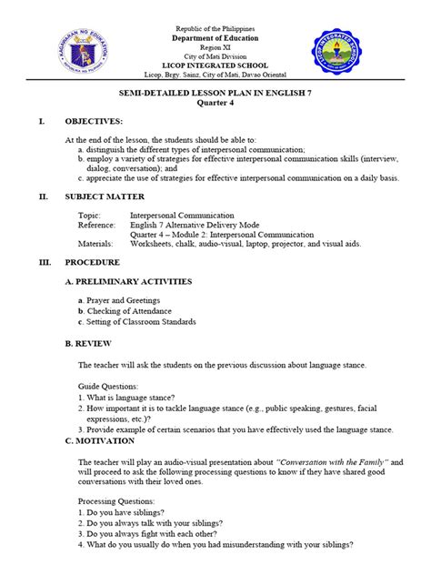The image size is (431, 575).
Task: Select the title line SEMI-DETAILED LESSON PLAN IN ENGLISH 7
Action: click(215, 94)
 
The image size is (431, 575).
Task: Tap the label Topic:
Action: click(91, 215)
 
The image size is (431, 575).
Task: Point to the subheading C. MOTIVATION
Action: click(100, 440)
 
